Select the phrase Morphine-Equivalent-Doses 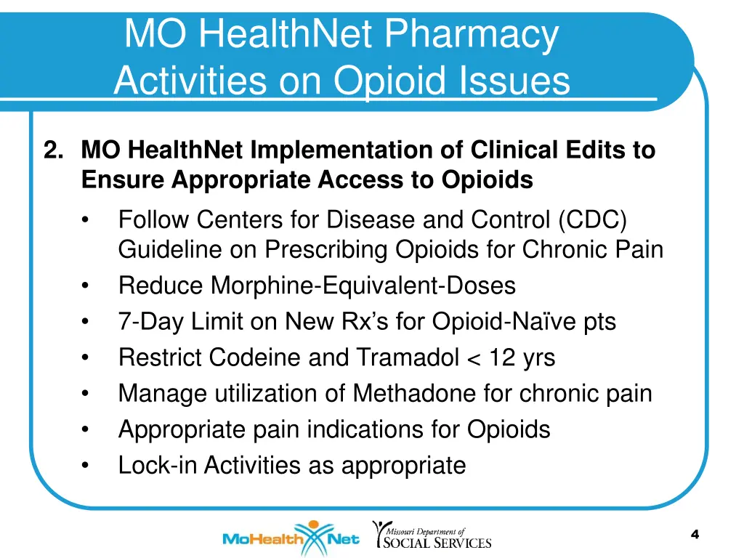point(363,286)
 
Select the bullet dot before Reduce point(86,286)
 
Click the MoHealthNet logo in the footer point(291,539)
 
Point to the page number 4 point(695,535)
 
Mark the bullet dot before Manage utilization point(86,394)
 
